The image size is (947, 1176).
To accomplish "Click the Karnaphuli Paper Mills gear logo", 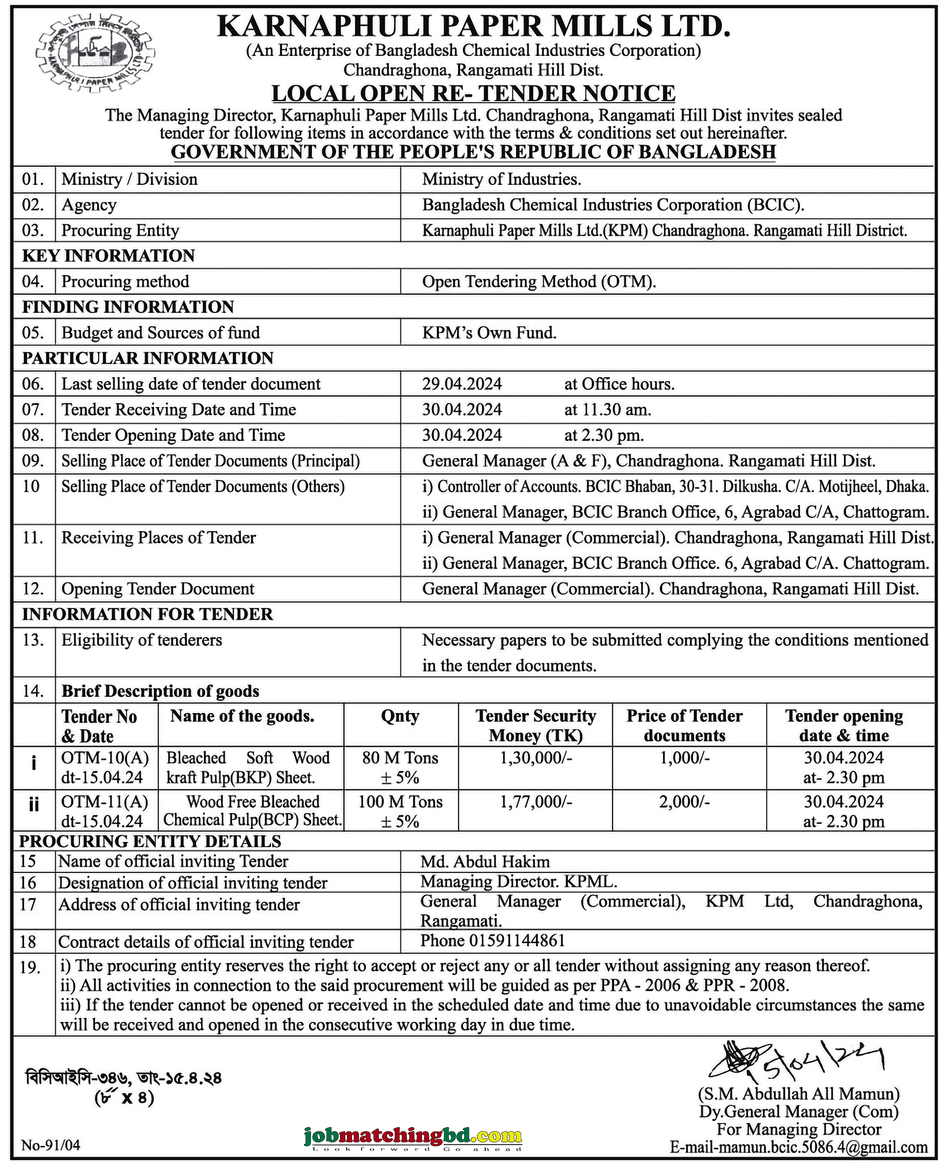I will pos(95,54).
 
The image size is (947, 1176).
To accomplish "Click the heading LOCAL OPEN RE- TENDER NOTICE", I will pos(473,93).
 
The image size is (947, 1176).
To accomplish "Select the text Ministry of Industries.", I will pos(501,180).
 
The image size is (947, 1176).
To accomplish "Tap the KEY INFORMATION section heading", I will pos(108,256).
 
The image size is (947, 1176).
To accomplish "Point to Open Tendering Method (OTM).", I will pos(539,281).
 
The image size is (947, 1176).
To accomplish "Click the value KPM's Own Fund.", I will pos(489,333).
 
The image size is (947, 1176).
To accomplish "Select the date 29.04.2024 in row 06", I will pos(461,384).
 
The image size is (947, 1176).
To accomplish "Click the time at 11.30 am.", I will pos(607,410).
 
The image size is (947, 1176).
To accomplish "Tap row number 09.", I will pos(32,461).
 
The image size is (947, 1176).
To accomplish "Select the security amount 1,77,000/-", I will pos(536,801).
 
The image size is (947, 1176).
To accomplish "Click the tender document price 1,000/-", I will pos(685,758).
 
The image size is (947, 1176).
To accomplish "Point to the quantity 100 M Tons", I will pos(400,801).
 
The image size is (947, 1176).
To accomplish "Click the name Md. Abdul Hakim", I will pos(485,861).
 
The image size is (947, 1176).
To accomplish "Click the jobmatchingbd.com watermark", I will pos(413,1138).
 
